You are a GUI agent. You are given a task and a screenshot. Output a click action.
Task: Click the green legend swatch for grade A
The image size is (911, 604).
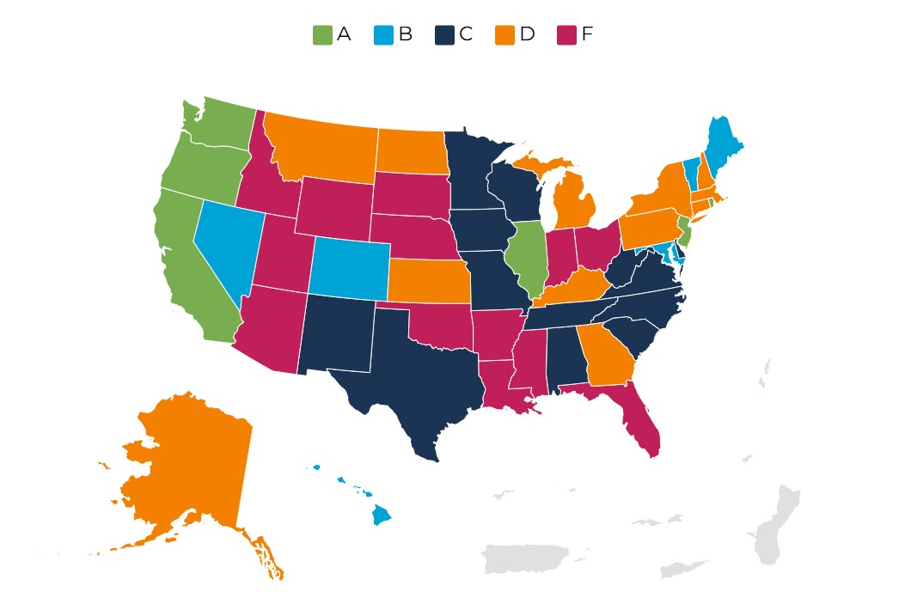coord(321,35)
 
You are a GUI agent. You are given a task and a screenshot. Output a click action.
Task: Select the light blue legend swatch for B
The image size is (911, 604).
coord(383,35)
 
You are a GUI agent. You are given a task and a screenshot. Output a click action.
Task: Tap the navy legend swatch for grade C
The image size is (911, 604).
coord(443,35)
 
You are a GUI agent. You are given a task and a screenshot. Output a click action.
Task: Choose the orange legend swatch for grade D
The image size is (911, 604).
coord(504,35)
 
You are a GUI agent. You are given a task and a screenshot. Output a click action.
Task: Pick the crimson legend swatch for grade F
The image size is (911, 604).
coord(566,35)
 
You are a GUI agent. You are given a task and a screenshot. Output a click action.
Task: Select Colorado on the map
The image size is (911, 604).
coord(348,269)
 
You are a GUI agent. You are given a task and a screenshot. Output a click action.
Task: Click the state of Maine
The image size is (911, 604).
coord(724,142)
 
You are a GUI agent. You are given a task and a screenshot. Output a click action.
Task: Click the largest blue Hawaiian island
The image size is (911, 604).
coord(381,516)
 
